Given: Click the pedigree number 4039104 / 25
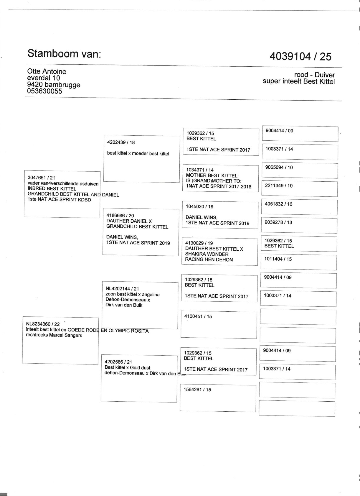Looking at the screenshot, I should (x=300, y=56).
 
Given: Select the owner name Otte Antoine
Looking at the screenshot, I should (x=47, y=71).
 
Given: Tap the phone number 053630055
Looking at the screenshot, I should (x=44, y=91).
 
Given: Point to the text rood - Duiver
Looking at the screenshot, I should (x=314, y=75).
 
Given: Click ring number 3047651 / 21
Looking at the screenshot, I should (x=41, y=178).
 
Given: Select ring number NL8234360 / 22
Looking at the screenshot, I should (x=43, y=324).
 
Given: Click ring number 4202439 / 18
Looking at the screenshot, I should (x=121, y=142).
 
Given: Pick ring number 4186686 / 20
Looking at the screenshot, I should (x=120, y=216).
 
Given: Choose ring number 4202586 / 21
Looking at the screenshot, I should (x=118, y=362).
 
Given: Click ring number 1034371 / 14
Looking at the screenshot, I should (x=200, y=170).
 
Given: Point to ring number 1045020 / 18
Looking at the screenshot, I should (x=199, y=206).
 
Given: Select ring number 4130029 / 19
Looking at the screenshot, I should (x=199, y=243).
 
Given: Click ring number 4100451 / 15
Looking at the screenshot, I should (x=198, y=316).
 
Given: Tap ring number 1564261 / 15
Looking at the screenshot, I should (x=197, y=390).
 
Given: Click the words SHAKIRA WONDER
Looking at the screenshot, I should (x=207, y=254).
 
